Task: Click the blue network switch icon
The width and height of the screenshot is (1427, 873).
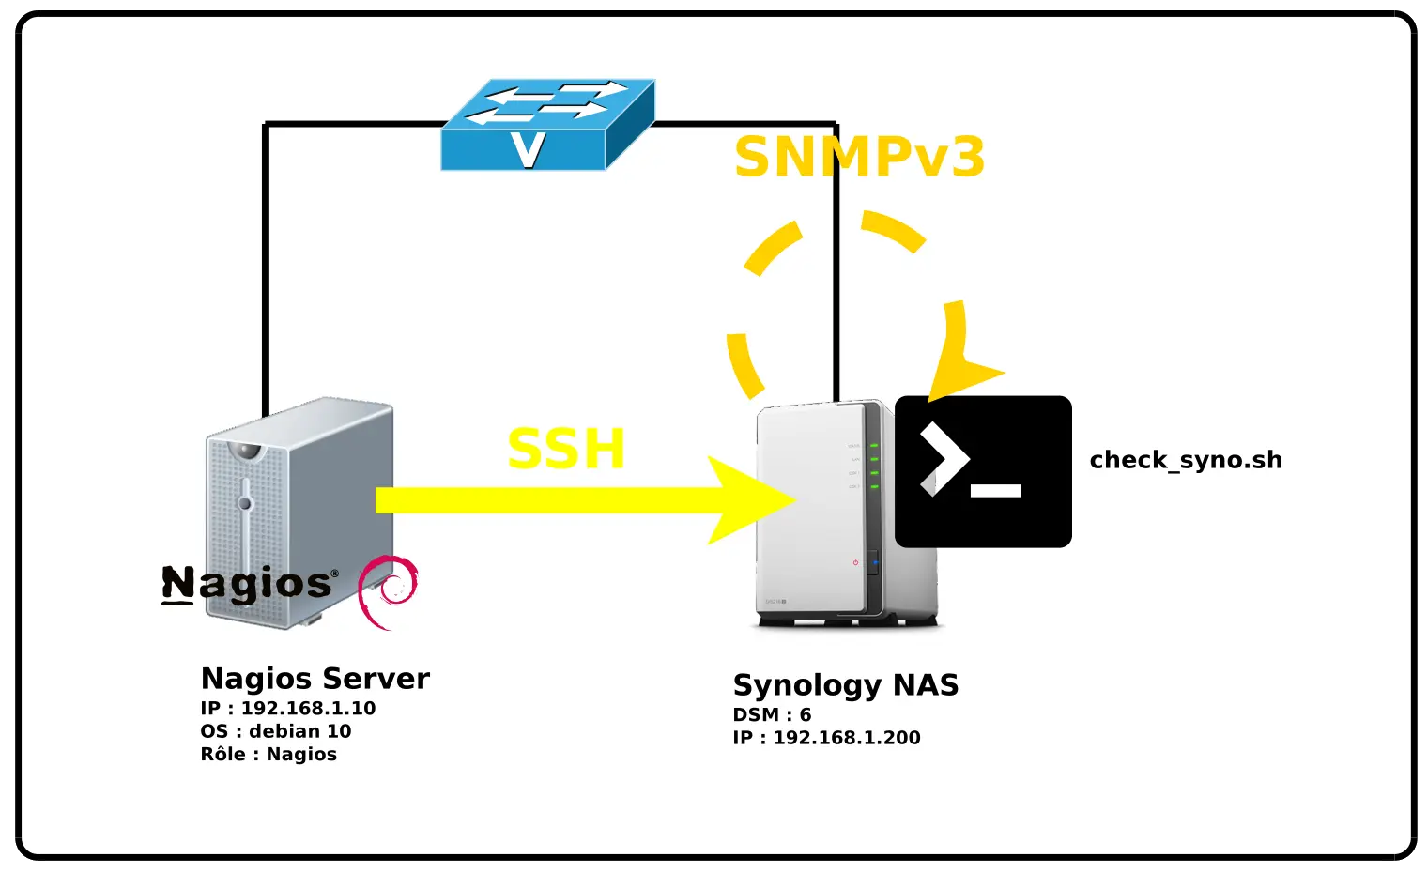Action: coord(547,124)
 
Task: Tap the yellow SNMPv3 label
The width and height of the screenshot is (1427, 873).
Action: coord(859,158)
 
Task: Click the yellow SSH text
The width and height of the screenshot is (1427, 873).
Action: coord(566,450)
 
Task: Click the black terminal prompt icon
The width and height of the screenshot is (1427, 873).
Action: coord(983,471)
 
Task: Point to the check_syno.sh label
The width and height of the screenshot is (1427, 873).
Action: coord(1185,460)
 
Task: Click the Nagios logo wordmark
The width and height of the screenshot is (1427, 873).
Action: coord(247,584)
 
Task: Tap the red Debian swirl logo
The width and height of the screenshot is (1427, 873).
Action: coord(388,591)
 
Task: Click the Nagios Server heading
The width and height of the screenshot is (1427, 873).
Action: coord(315,679)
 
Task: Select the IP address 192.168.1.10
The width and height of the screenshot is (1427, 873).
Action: coord(308,709)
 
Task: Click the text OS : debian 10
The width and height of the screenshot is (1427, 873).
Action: coord(275,731)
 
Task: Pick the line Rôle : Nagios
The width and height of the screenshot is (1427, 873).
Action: coord(269,755)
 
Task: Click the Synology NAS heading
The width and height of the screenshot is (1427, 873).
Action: coord(845,685)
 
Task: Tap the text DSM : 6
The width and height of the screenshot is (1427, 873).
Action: coord(772,715)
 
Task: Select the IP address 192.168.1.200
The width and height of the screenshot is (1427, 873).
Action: coord(846,738)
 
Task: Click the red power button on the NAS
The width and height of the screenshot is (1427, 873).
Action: coord(855,563)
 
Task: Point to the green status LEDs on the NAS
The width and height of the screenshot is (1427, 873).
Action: coord(874,466)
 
